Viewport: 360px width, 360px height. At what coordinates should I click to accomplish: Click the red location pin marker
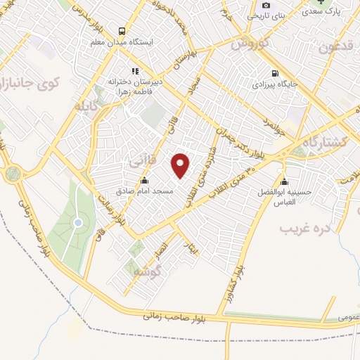181,165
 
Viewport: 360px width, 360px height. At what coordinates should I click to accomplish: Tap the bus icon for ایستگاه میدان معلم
122,31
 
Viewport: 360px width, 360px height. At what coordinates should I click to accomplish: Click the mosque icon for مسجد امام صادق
145,180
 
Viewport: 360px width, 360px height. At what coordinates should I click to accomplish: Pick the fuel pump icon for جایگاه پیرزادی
274,73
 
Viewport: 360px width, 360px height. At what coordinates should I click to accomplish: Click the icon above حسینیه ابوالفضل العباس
284,179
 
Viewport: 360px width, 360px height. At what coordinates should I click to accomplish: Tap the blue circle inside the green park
78,223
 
